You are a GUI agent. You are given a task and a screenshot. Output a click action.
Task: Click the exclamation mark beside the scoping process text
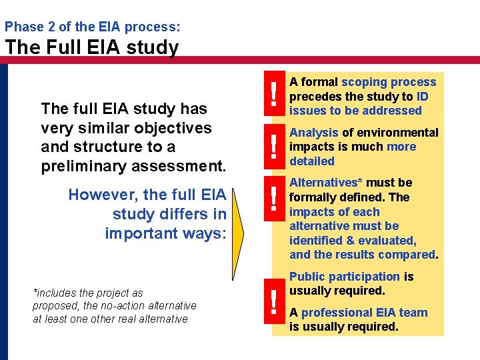point(273,95)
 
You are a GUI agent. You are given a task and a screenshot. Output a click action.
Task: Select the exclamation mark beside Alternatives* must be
point(273,199)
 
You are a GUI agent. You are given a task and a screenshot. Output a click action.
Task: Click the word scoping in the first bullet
point(362,82)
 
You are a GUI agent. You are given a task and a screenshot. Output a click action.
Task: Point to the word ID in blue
point(422,96)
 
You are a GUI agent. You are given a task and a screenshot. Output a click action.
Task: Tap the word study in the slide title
point(155,47)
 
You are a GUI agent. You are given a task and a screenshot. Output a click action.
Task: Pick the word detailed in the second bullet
point(312,161)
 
